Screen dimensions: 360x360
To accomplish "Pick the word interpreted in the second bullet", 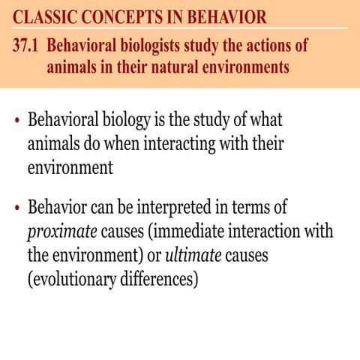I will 202,206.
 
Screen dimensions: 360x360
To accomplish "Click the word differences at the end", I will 160,279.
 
